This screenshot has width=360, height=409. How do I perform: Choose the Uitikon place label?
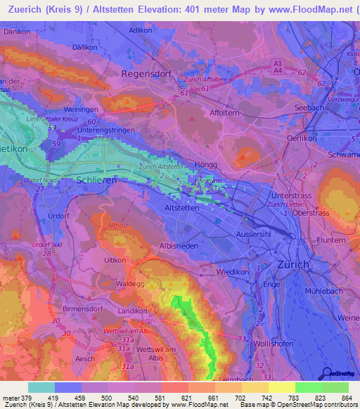coord(115,260)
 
